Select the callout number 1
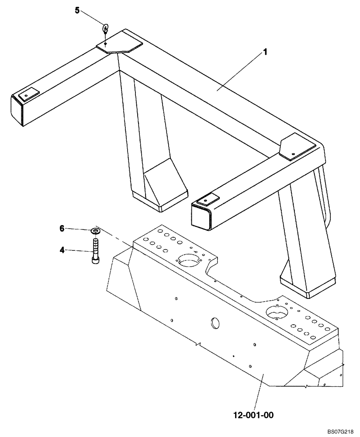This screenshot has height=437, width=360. (x=265, y=52)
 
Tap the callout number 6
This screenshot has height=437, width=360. (x=62, y=228)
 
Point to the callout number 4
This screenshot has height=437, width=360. (x=62, y=250)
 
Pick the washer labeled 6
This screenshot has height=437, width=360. (x=95, y=230)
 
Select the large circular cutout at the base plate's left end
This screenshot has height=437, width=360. (x=188, y=261)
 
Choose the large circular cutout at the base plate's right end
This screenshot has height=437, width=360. (x=276, y=312)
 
